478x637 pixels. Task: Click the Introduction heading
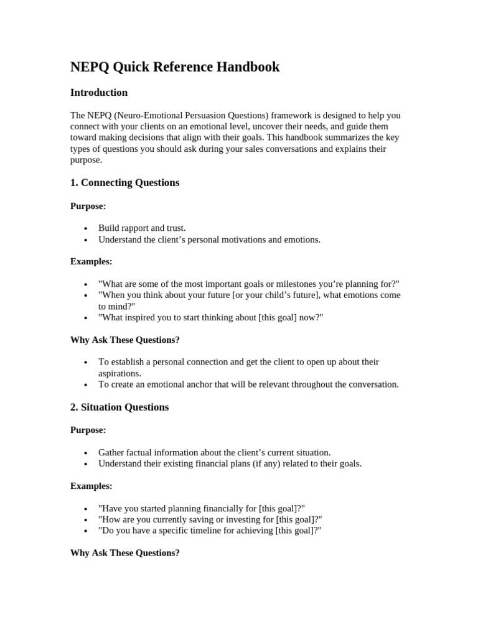99,93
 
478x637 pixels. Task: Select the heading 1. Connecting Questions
124,183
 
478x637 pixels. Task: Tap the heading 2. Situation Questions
119,407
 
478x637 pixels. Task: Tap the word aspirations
119,373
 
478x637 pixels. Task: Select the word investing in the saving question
225,519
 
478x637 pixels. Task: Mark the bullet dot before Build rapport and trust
86,229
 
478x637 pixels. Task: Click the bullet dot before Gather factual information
86,453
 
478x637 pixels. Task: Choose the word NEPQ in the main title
89,67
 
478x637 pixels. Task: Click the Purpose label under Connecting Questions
88,206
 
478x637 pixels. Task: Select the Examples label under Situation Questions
91,486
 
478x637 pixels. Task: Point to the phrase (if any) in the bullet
269,463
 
